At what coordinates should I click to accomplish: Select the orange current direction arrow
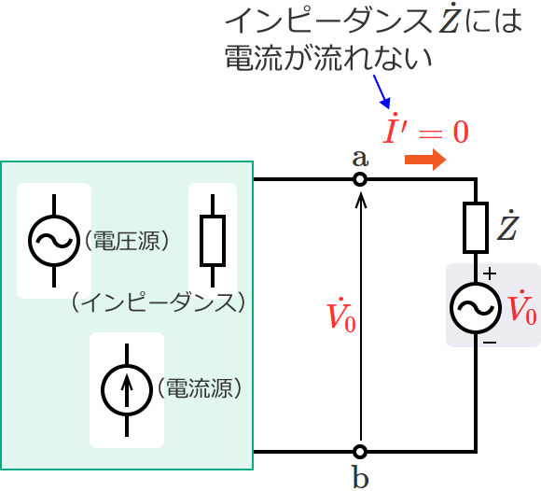pyautogui.click(x=426, y=161)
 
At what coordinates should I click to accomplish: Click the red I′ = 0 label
pyautogui.click(x=426, y=130)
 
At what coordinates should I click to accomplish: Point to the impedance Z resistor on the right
pyautogui.click(x=477, y=227)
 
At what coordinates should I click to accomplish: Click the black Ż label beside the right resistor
pyautogui.click(x=507, y=227)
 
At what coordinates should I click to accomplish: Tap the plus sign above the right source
pyautogui.click(x=490, y=274)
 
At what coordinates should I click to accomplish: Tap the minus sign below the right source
pyautogui.click(x=490, y=344)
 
